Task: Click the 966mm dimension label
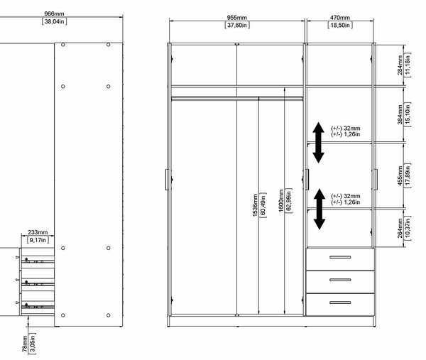(x=55, y=13)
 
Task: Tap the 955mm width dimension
(x=237, y=18)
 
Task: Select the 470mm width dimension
(x=340, y=18)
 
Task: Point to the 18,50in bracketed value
(x=340, y=26)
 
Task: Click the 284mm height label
(x=400, y=65)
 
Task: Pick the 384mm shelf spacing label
(x=400, y=114)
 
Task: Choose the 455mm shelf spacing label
(x=400, y=176)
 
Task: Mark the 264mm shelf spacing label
(x=400, y=228)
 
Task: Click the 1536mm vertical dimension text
(x=255, y=205)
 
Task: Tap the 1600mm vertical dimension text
(x=281, y=201)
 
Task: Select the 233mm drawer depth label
(x=38, y=232)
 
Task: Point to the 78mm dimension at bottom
(x=24, y=344)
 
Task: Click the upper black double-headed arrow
(x=318, y=143)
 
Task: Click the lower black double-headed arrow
(x=319, y=209)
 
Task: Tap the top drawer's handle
(x=340, y=257)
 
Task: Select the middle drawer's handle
(x=340, y=280)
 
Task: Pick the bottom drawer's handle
(x=340, y=302)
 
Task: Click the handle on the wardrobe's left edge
(x=167, y=180)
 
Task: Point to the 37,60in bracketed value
(x=237, y=26)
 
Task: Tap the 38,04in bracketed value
(x=55, y=21)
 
